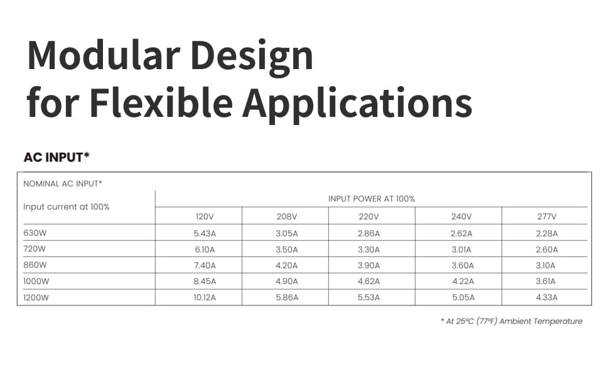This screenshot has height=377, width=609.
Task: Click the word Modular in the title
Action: (104, 55)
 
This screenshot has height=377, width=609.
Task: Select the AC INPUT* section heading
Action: (57, 157)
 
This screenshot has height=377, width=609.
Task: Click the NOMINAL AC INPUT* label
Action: (63, 184)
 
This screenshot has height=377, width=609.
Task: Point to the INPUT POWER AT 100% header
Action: (371, 199)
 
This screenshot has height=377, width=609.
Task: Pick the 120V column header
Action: (205, 217)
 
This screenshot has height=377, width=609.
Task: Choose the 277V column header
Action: (546, 217)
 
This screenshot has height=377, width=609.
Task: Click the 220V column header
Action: (369, 217)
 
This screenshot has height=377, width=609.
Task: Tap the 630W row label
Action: (35, 233)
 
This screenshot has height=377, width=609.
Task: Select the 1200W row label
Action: (36, 298)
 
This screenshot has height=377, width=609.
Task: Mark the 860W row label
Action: (35, 265)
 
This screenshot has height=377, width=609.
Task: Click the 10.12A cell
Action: (205, 298)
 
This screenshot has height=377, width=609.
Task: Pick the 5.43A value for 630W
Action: (205, 234)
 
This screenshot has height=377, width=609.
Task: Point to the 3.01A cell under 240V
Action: (461, 249)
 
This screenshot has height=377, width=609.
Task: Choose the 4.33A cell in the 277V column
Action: (546, 298)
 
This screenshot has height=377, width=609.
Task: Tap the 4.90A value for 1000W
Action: (287, 281)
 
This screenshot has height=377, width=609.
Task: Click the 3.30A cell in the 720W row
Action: (369, 249)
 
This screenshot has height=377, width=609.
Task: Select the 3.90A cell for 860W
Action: (369, 265)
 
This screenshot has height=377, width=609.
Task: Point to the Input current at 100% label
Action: (67, 207)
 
